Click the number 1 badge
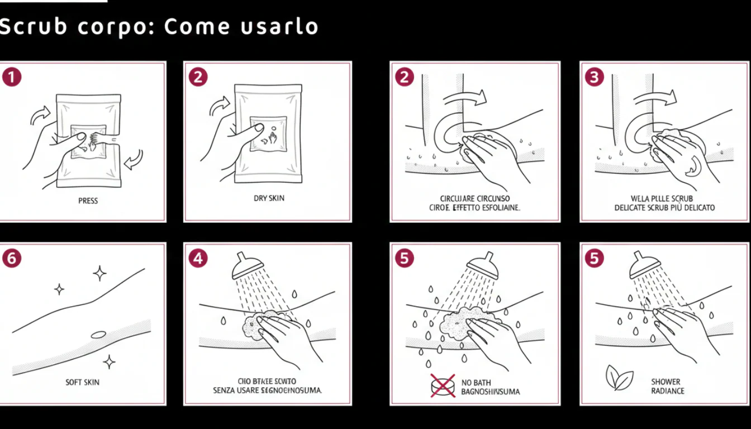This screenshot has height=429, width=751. [11, 77]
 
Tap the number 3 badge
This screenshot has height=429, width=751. [593, 77]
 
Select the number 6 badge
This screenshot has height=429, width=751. [11, 258]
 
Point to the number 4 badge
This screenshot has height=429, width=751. [198, 258]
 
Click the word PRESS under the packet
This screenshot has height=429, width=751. [88, 201]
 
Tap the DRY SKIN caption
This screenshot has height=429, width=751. [269, 198]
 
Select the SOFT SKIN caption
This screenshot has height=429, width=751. [82, 382]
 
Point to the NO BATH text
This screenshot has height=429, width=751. [476, 383]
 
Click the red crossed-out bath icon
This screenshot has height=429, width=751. [443, 386]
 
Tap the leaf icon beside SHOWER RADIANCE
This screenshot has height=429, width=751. [619, 379]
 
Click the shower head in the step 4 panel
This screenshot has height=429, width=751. [247, 265]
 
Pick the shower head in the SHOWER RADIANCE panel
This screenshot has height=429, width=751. [644, 265]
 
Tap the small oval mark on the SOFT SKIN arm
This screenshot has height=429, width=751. [98, 335]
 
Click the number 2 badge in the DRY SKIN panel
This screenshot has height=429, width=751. [198, 77]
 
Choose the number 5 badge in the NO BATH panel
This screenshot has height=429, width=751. [404, 258]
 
